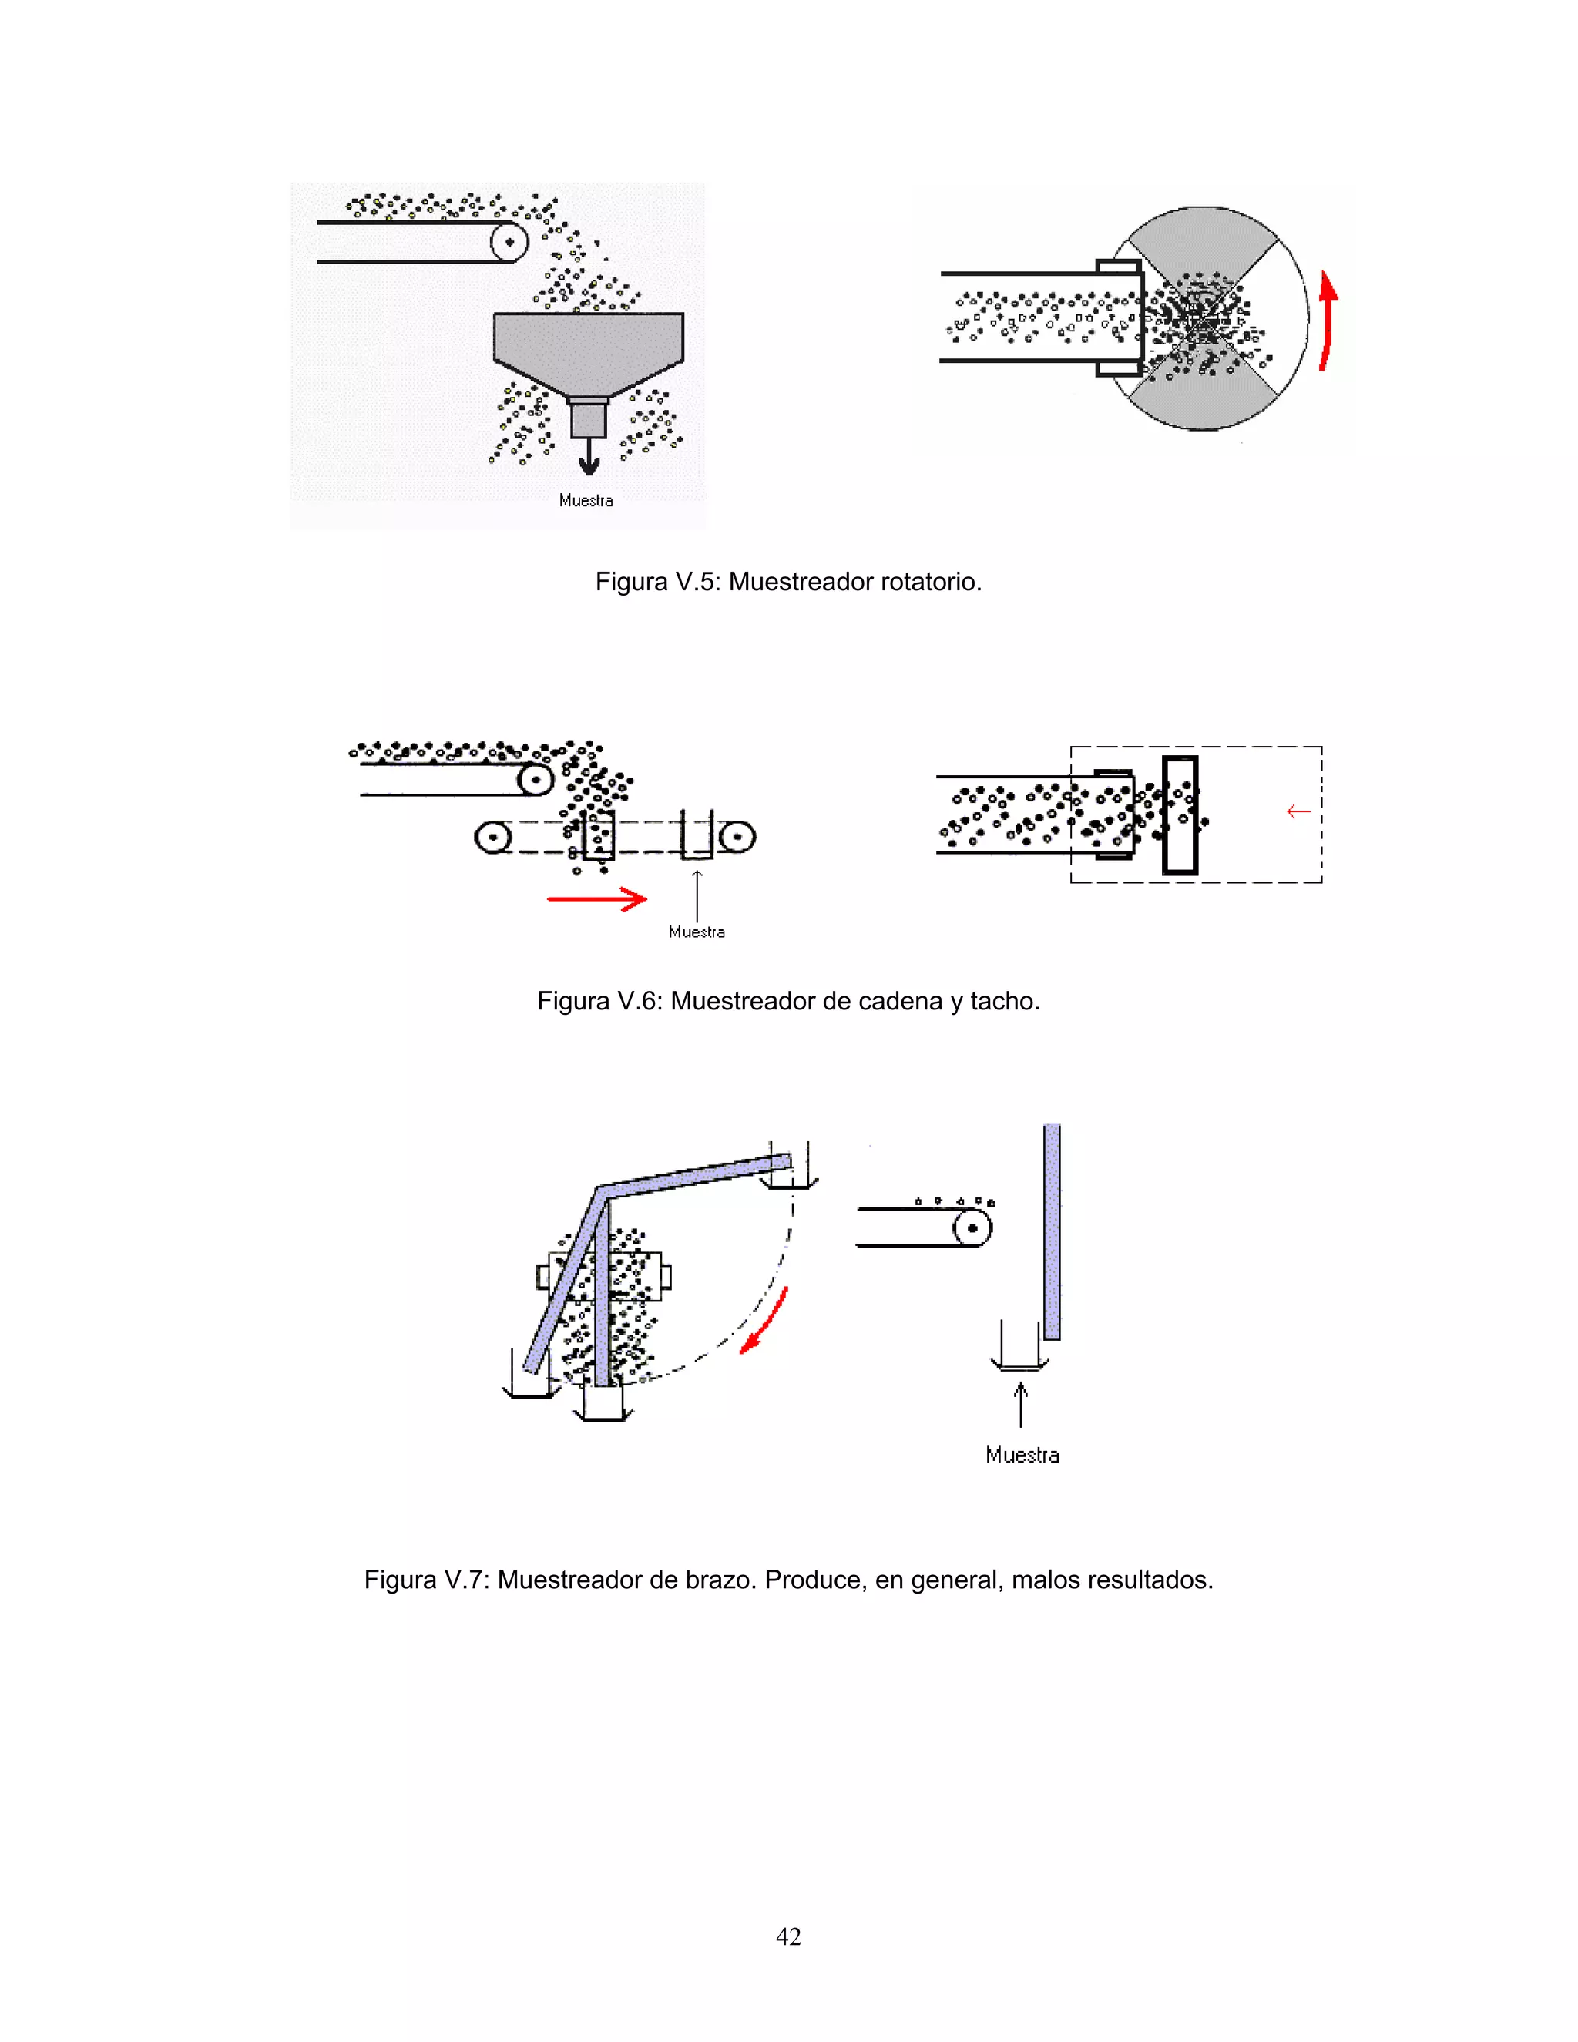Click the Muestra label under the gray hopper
[x=586, y=501]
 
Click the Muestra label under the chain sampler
[x=697, y=932]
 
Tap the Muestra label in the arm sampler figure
[x=1022, y=1455]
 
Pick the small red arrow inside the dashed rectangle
[x=1298, y=811]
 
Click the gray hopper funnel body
[x=588, y=346]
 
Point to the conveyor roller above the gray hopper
[x=509, y=242]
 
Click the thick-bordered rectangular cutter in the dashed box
[x=1180, y=815]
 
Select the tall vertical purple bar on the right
[x=1052, y=1231]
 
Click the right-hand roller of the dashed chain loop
[x=737, y=836]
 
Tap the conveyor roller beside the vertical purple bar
[x=972, y=1227]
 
